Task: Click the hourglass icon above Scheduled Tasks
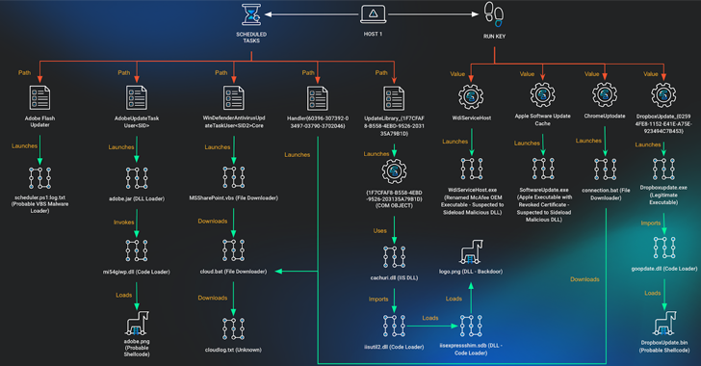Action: click(x=251, y=14)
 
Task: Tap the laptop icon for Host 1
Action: click(x=373, y=14)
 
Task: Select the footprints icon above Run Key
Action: click(x=495, y=14)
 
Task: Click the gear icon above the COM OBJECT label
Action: click(x=393, y=171)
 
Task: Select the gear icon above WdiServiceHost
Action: click(x=470, y=96)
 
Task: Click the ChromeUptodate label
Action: click(x=604, y=118)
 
